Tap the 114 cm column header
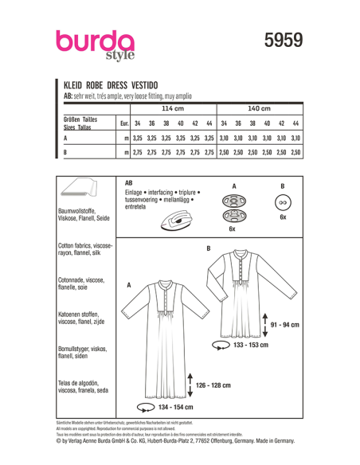coord(173,107)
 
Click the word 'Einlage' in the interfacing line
coord(136,193)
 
